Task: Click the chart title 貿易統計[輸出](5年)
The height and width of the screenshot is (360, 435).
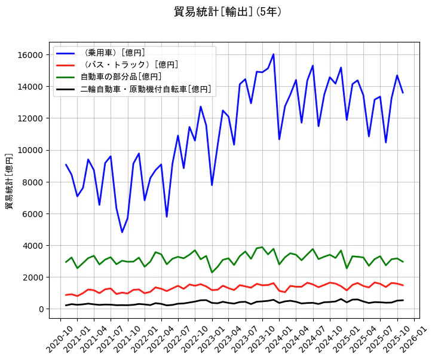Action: click(x=228, y=12)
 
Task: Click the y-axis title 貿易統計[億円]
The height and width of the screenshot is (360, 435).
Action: click(x=9, y=181)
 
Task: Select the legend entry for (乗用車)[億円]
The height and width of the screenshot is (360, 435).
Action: click(x=113, y=53)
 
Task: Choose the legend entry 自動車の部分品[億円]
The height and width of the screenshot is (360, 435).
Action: click(x=121, y=77)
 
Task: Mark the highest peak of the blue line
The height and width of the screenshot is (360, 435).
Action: click(x=273, y=54)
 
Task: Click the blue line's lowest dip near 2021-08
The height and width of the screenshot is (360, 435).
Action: click(x=122, y=232)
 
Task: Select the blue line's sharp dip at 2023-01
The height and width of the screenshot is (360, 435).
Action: click(x=212, y=185)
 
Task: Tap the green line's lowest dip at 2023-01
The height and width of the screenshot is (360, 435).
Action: click(x=212, y=273)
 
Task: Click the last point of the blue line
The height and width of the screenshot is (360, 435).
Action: click(x=403, y=93)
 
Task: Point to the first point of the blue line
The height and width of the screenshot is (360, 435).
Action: click(x=66, y=164)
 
